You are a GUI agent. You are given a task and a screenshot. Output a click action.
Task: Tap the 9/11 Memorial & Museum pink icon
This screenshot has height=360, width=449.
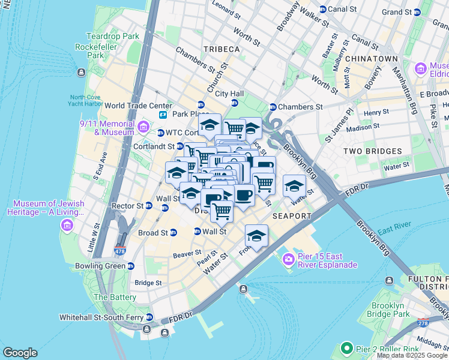(x=143, y=127)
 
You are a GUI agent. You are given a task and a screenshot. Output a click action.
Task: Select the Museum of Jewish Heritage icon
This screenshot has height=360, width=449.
(x=67, y=225)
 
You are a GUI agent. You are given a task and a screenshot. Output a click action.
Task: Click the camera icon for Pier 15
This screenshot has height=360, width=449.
(x=288, y=259)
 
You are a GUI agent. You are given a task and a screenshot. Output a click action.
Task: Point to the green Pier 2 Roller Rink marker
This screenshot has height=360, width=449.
(x=346, y=348)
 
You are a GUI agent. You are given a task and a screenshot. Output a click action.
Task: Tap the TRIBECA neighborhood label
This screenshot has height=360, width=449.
(x=221, y=49)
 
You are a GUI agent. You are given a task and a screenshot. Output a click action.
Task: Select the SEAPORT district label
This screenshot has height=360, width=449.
(x=292, y=216)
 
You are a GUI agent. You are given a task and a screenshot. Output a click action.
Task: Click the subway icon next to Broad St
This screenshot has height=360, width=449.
(x=173, y=233)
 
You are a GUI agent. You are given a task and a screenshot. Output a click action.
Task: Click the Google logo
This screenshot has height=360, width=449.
(x=20, y=353)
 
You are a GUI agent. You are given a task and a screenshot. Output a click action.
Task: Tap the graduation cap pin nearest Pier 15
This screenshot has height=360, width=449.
(x=256, y=235)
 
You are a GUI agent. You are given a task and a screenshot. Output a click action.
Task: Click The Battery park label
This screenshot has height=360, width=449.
(x=115, y=297)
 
